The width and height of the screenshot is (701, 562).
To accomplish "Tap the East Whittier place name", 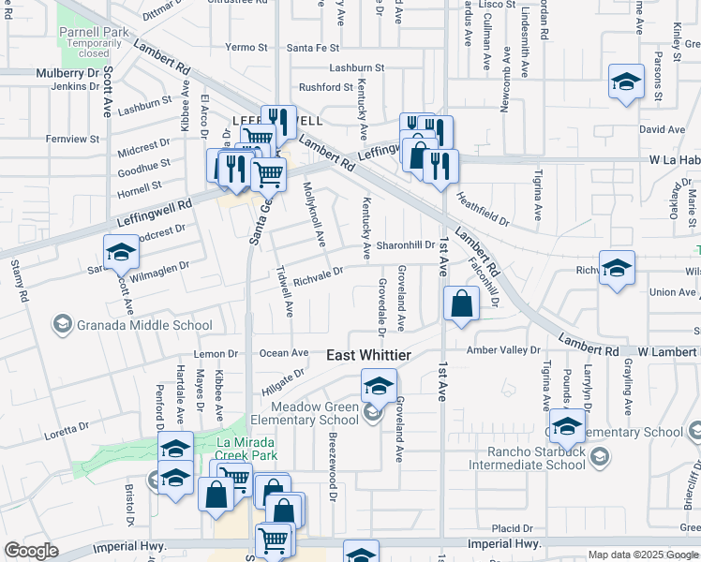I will tap(368, 355).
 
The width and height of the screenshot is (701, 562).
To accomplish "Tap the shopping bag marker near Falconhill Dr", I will tap(462, 304).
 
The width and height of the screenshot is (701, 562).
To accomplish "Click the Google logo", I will tap(31, 551).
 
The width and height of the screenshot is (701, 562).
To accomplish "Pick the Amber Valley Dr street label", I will tap(505, 349).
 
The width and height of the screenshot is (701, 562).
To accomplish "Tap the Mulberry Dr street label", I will tap(67, 71).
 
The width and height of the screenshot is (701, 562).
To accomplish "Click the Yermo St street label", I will tap(246, 47).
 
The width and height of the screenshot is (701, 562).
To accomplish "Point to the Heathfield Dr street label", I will tap(483, 210).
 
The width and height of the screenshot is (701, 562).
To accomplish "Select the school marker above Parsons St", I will tap(625, 81).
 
